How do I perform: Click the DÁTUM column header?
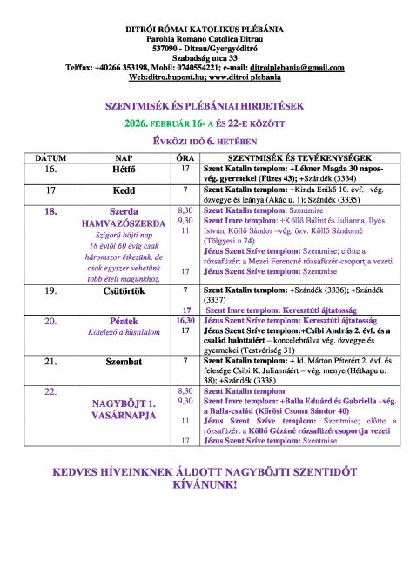[x=50, y=159]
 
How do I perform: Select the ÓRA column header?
[x=185, y=159]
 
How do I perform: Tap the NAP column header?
[x=124, y=159]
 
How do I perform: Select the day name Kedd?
[x=124, y=190]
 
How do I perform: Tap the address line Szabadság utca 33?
[x=205, y=57]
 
